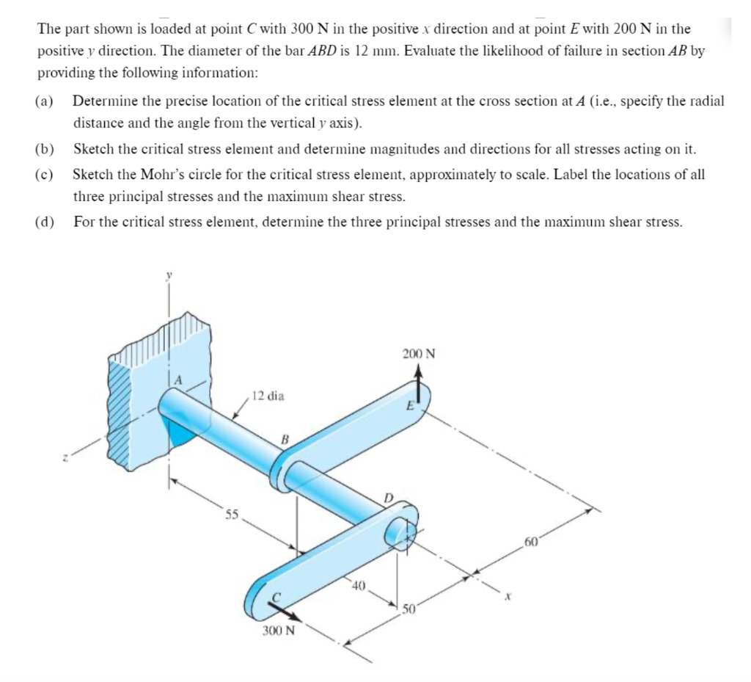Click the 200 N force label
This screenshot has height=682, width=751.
coord(419,354)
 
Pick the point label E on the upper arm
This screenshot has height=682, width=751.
coord(411,405)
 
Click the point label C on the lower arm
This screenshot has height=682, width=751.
coord(276,596)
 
